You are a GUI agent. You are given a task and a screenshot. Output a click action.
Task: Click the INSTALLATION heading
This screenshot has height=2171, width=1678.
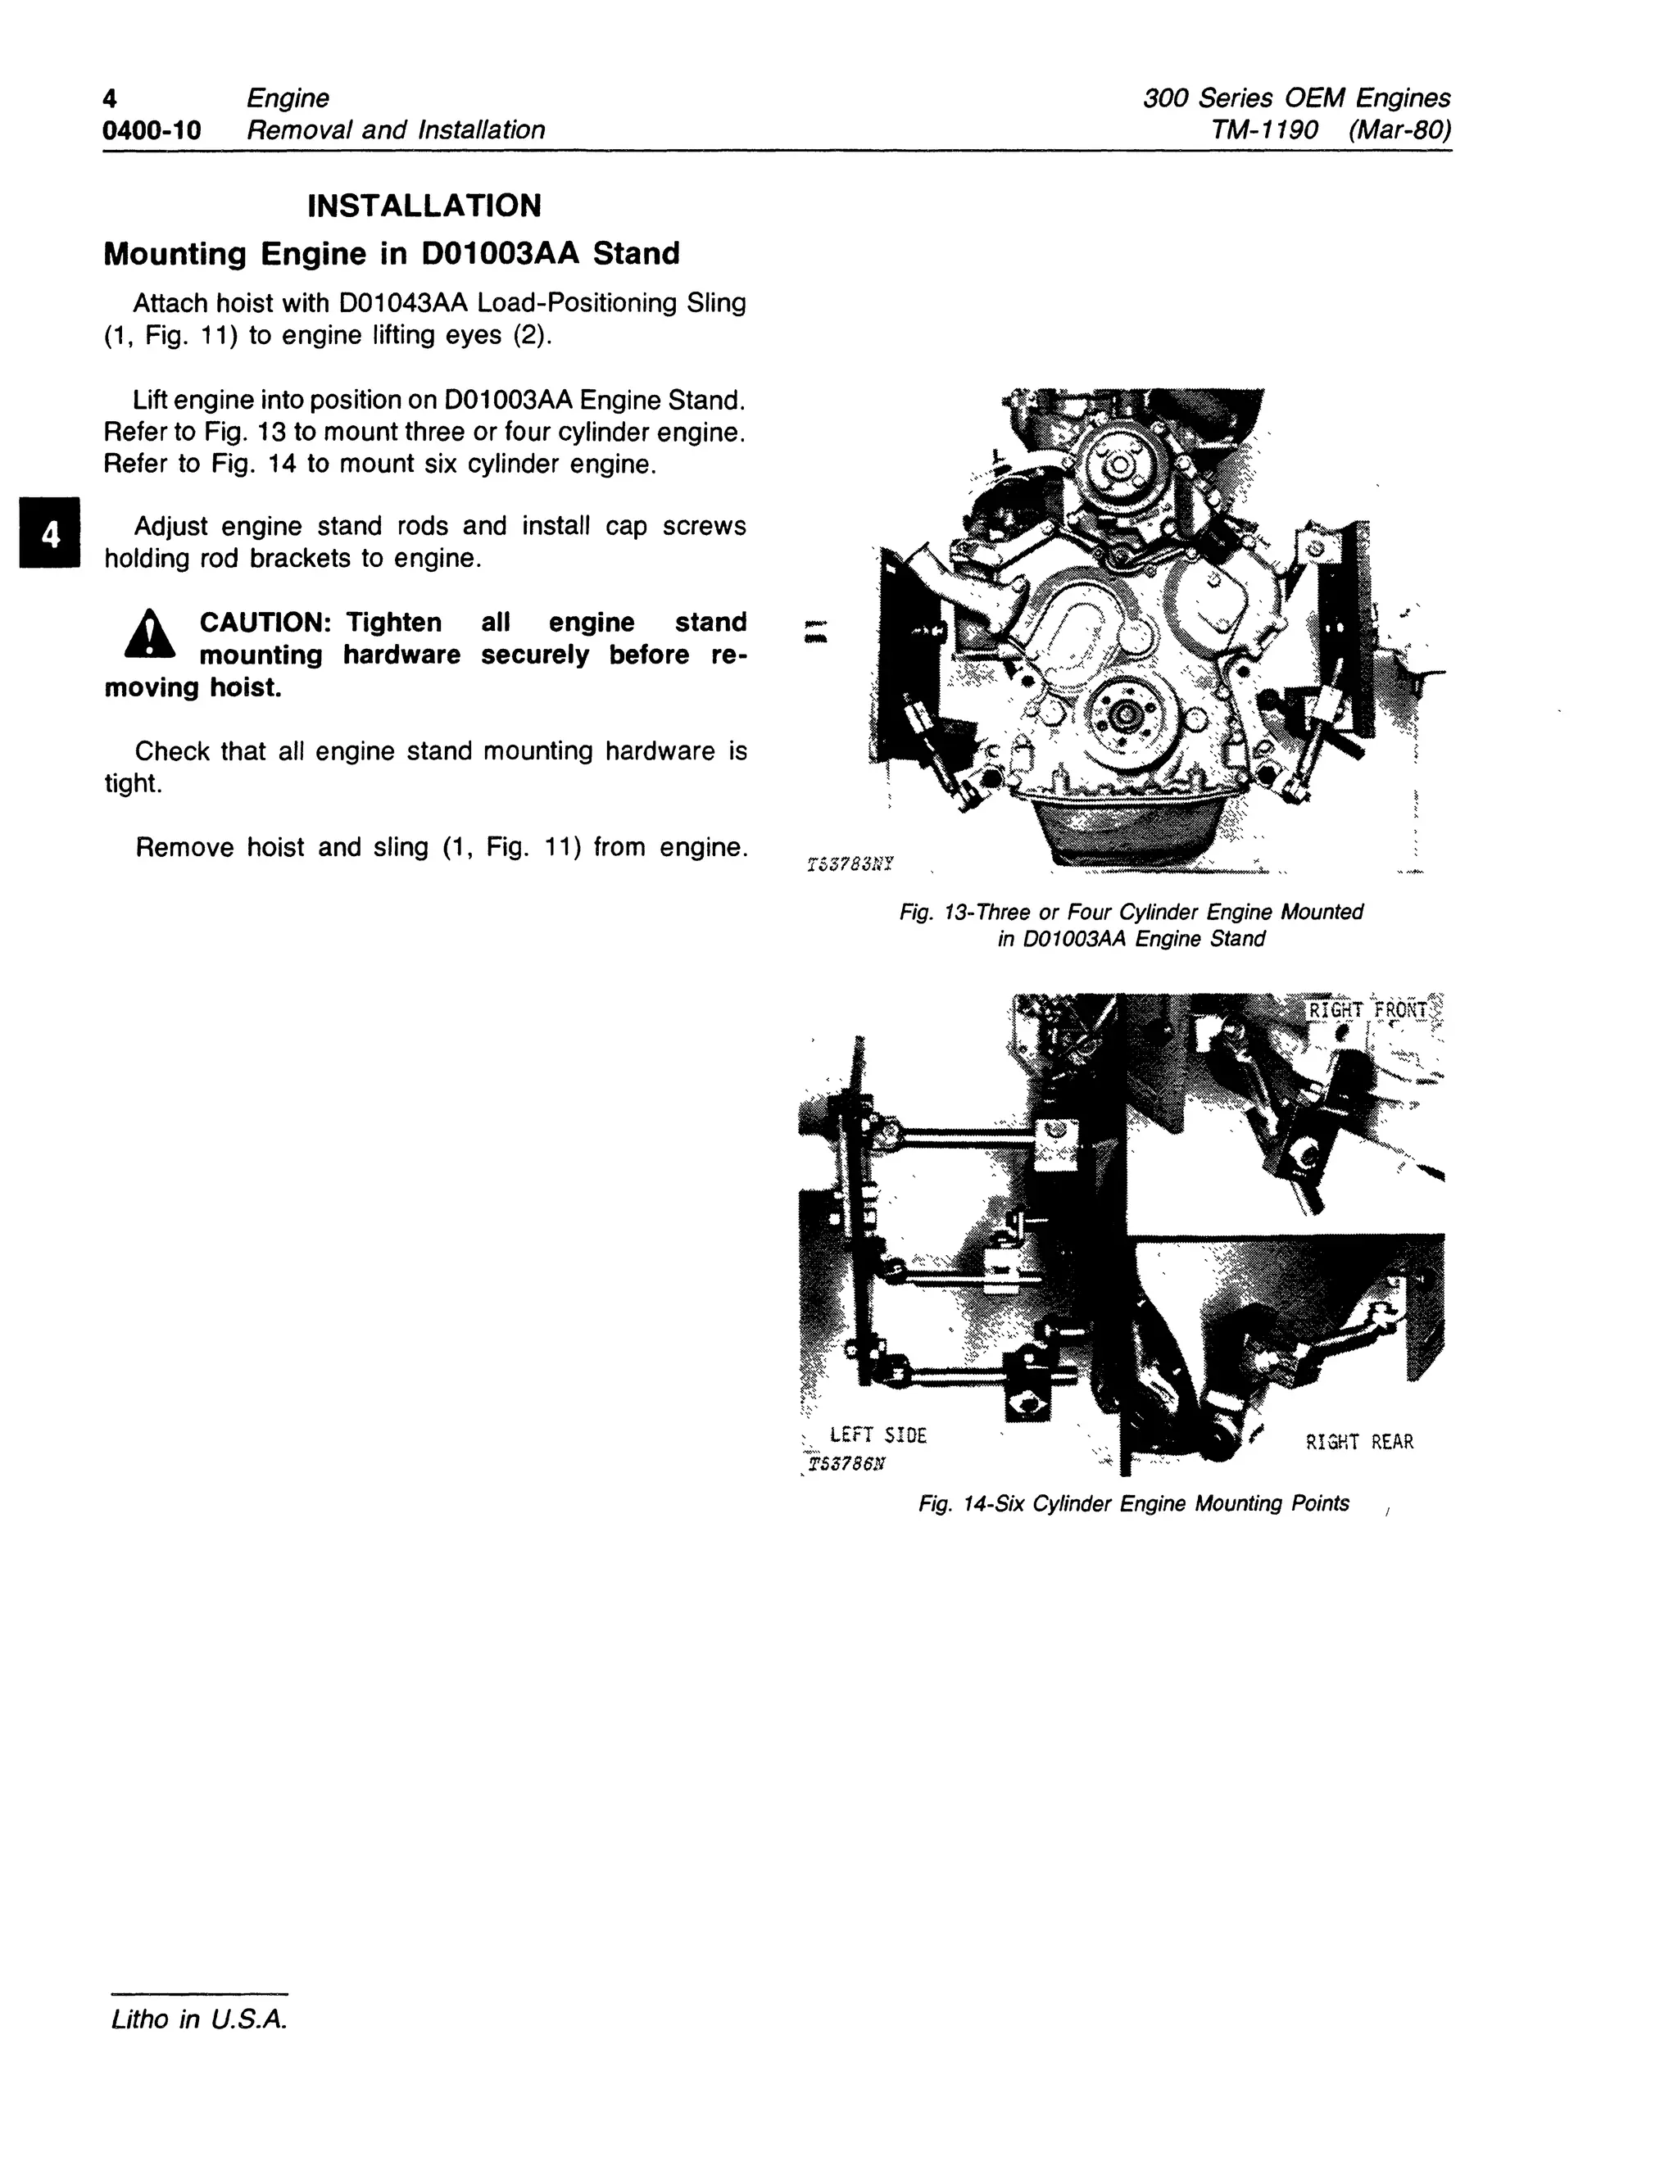pos(424,206)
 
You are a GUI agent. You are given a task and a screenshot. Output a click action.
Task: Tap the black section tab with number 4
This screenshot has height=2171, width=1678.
pos(48,534)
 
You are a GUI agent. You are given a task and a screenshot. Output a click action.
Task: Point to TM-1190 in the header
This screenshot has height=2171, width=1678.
pos(1264,130)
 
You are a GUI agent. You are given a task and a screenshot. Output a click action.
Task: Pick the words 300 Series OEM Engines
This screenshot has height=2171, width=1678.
pos(1296,98)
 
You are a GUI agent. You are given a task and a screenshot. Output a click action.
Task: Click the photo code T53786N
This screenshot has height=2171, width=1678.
pos(847,1464)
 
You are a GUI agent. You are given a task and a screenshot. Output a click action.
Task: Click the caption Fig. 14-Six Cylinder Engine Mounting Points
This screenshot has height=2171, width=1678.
pos(1133,1503)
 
